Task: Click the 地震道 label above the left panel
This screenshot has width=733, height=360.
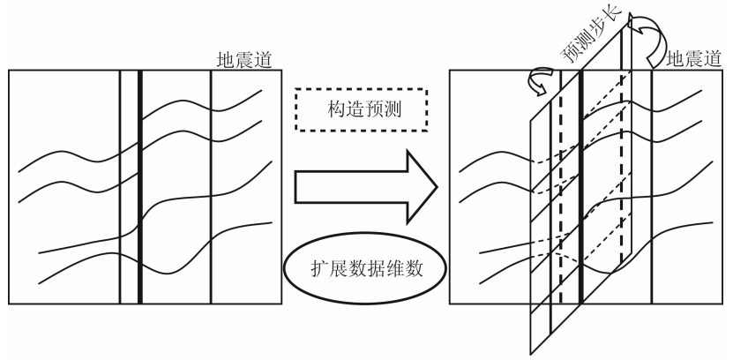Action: click(x=243, y=60)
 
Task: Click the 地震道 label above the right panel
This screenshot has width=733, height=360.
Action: click(x=693, y=60)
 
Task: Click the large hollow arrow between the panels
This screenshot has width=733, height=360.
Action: click(x=365, y=186)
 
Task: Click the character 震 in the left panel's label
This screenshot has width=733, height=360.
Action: click(x=243, y=60)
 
